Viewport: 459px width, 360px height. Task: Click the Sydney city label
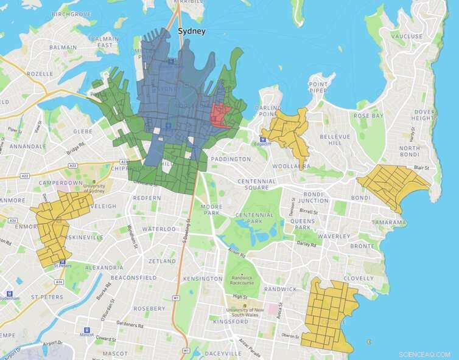[191, 31]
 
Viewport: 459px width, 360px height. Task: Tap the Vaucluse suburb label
[407, 36]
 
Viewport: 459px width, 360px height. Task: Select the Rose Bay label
[369, 116]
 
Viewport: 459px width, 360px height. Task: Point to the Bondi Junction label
[314, 196]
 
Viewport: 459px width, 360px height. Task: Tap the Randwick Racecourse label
[242, 280]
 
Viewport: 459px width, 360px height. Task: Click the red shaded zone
[220, 115]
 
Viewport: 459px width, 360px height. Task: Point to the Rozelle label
[40, 74]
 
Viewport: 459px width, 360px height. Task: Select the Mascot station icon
[86, 331]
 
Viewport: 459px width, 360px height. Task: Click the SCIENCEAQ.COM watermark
[424, 354]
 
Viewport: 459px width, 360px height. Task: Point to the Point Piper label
[318, 88]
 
